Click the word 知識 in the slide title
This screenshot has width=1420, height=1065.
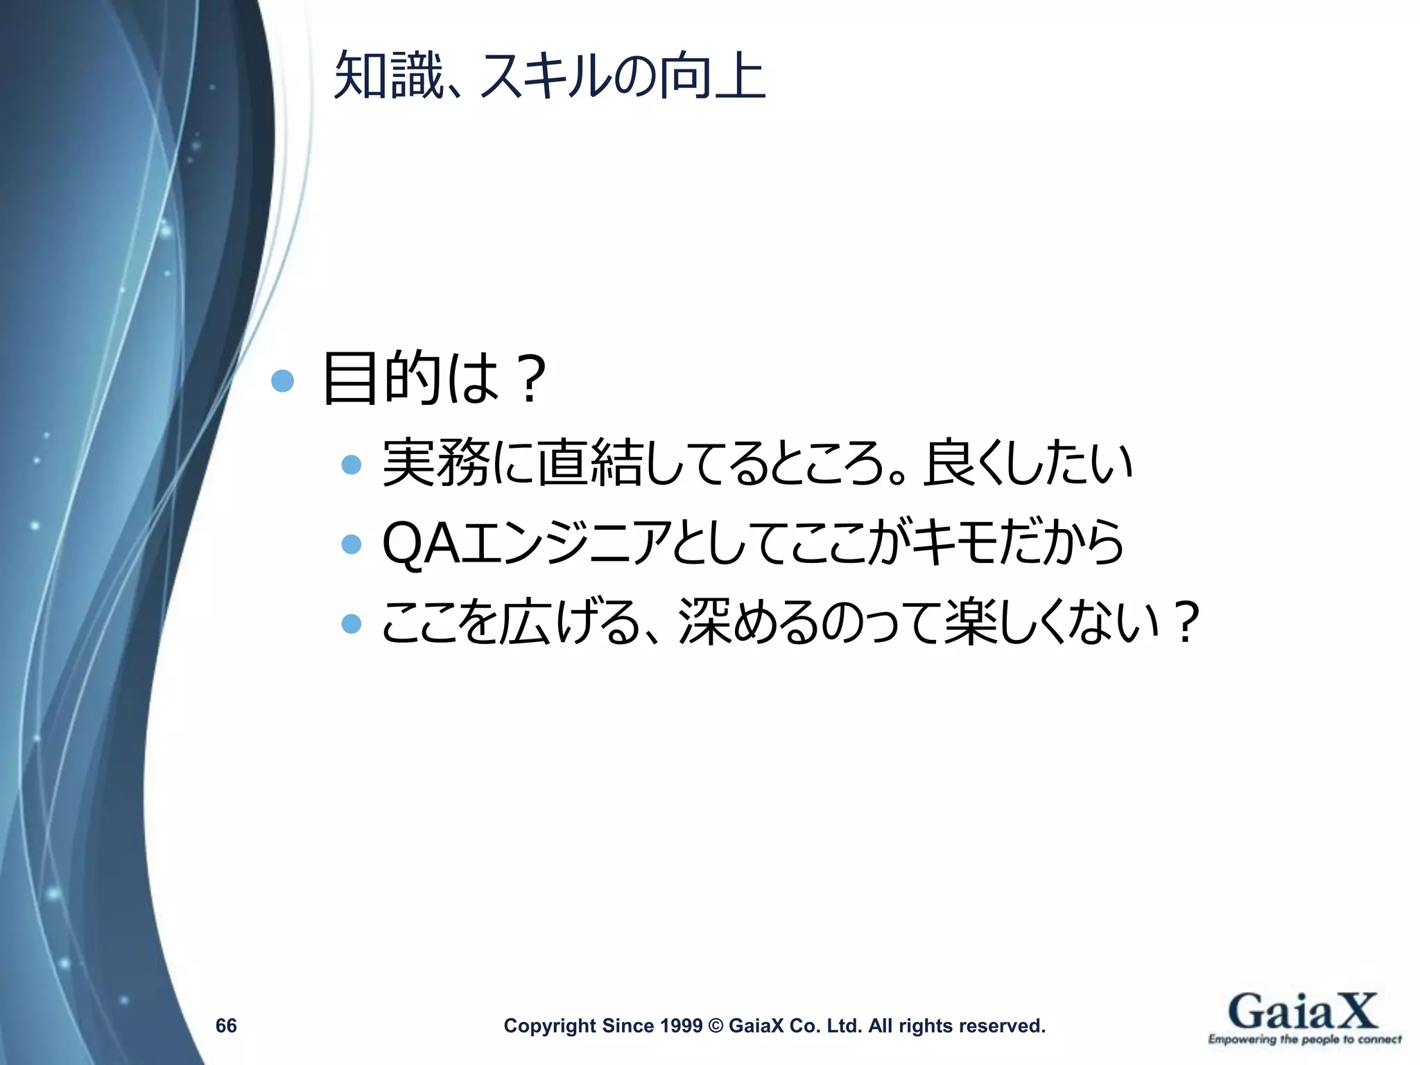[x=388, y=76]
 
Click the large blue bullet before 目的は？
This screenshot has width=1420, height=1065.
[x=282, y=381]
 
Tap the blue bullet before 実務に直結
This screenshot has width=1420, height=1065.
[x=352, y=465]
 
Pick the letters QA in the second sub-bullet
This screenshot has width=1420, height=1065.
[x=422, y=544]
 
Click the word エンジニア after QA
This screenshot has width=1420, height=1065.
[x=567, y=544]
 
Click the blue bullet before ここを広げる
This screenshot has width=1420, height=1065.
[x=352, y=623]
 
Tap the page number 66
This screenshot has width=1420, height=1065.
[x=226, y=1025]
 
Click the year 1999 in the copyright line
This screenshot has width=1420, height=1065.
[x=681, y=1025]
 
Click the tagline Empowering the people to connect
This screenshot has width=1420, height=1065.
[x=1304, y=1039]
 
